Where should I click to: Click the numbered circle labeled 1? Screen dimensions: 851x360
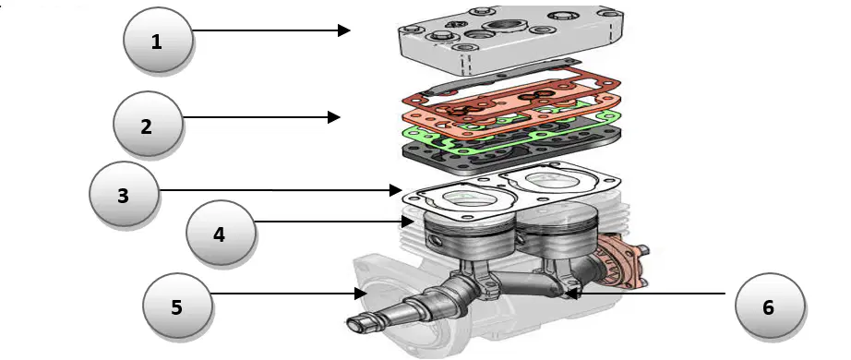click(x=158, y=40)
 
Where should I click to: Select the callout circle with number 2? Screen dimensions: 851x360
click(x=148, y=125)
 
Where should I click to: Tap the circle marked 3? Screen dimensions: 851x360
click(x=124, y=194)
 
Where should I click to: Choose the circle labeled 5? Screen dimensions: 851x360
click(x=177, y=306)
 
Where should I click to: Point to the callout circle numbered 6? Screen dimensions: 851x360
click(x=770, y=306)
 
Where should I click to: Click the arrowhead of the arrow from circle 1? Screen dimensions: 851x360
click(x=344, y=30)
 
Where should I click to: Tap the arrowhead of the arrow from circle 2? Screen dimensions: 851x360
click(x=334, y=116)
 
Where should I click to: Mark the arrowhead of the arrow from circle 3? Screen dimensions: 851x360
click(x=396, y=190)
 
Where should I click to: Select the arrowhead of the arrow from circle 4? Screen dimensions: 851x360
click(x=408, y=222)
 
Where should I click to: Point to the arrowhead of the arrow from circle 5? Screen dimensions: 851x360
click(x=361, y=294)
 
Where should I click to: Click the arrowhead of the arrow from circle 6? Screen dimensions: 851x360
click(x=570, y=294)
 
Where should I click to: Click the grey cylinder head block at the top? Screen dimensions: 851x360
click(x=510, y=41)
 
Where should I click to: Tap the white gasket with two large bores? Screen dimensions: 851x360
click(x=513, y=190)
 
